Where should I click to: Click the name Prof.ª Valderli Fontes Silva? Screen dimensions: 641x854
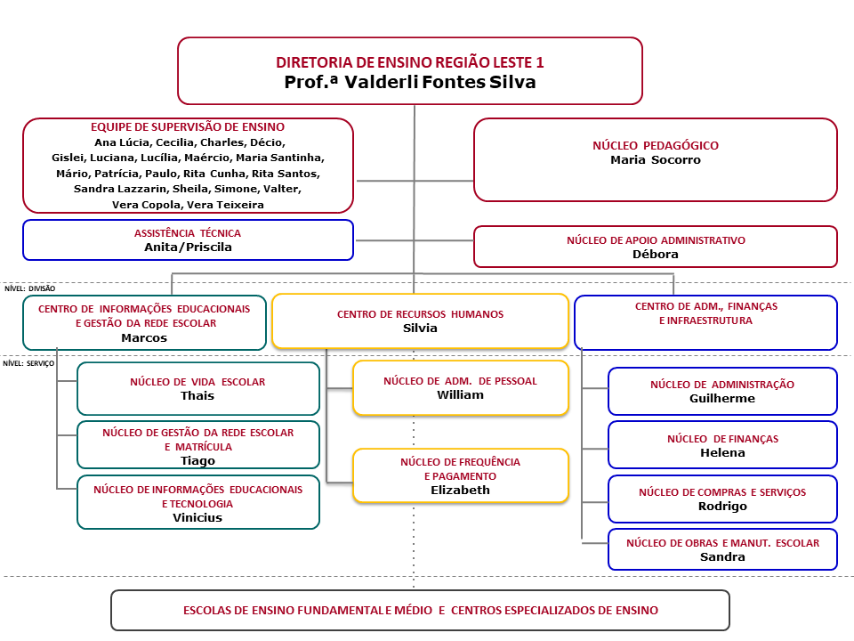coord(410,82)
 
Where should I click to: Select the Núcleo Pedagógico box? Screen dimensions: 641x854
coord(656,159)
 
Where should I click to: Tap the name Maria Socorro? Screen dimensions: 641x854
coord(656,160)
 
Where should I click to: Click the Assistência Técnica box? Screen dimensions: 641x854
coord(188,239)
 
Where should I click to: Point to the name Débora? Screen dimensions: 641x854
coord(656,254)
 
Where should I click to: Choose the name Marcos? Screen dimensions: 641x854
coord(144,337)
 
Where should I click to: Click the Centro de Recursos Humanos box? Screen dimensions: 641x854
coord(420,320)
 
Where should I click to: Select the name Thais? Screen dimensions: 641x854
coord(197,395)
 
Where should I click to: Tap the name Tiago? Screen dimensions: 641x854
coord(197,460)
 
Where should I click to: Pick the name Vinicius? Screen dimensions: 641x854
coord(197,517)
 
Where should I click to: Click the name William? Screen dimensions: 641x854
coord(460,394)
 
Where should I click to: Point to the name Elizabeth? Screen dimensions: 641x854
coord(460,490)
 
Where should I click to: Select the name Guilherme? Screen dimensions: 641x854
coord(722,398)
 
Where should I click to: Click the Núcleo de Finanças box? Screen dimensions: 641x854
coord(722,445)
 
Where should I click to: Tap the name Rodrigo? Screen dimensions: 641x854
coord(722,506)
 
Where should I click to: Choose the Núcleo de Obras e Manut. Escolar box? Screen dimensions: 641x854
coord(722,549)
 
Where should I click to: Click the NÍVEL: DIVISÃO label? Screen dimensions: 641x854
coord(29,288)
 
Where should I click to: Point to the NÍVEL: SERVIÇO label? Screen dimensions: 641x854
coord(29,363)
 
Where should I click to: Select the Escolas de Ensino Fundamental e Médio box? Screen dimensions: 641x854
coord(420,611)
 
